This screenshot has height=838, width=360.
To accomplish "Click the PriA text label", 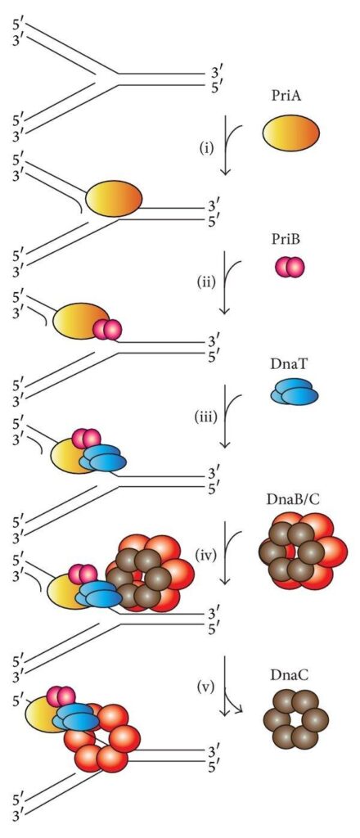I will click(x=290, y=97).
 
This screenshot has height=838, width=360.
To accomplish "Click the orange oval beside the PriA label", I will click(x=290, y=131).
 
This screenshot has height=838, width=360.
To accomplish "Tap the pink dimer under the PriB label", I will click(x=290, y=267).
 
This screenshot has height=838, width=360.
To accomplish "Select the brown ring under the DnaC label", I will click(x=295, y=721).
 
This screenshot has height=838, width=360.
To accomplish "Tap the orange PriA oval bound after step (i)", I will click(x=114, y=198).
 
